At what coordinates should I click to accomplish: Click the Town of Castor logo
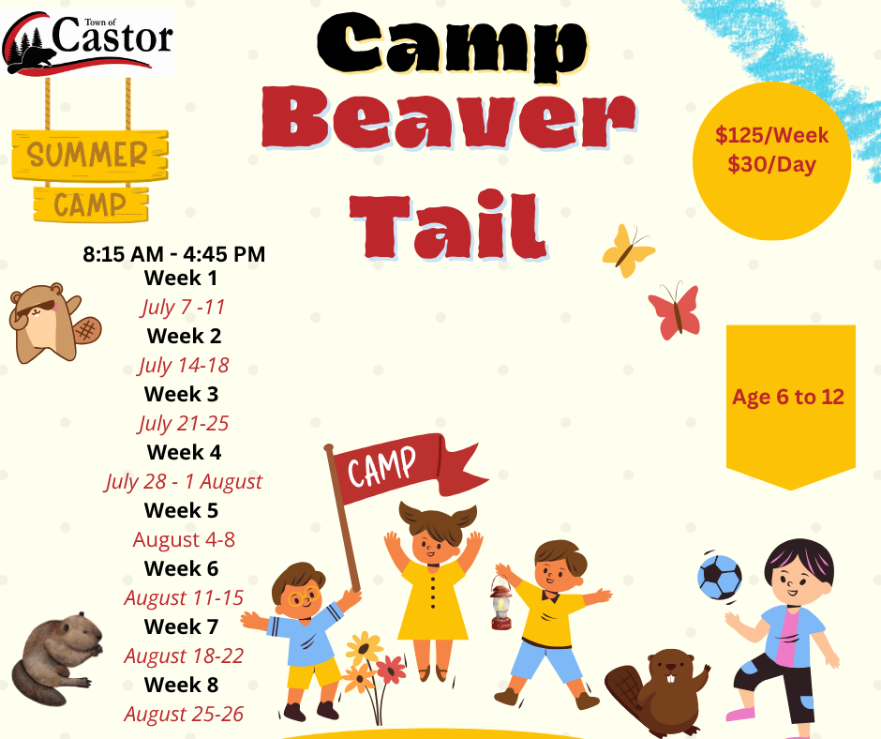point(88,43)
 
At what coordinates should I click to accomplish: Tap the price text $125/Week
point(771,136)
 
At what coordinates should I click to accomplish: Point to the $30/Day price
point(771,165)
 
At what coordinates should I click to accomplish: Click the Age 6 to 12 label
point(787,397)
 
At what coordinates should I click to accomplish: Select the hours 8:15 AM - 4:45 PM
point(174,254)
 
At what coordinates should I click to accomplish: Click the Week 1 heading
point(180,278)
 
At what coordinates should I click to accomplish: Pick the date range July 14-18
point(184,365)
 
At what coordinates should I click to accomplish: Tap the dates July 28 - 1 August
point(183,481)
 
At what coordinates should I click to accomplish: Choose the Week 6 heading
point(181,568)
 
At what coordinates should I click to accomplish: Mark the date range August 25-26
point(184,714)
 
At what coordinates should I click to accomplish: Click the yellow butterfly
point(628,250)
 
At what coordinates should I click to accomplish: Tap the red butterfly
point(675,311)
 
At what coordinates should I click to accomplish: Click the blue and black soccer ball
point(719,577)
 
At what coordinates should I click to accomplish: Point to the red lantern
point(500,602)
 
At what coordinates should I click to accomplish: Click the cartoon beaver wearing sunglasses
point(54,323)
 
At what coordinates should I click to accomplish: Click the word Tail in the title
point(448,225)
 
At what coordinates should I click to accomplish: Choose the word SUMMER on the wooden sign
point(87,156)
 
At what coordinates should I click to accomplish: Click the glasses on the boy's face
point(304,596)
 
